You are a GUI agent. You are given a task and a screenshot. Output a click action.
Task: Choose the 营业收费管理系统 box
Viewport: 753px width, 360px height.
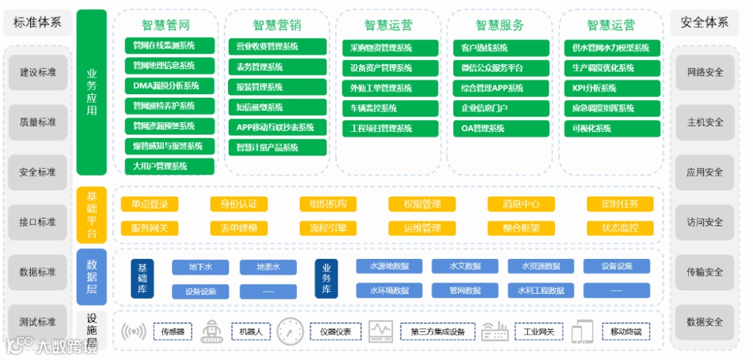point(277,47)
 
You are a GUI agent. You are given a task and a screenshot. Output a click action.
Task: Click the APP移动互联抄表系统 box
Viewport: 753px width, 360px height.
point(277,128)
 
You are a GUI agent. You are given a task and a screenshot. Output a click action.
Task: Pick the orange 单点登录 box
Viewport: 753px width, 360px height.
point(149,204)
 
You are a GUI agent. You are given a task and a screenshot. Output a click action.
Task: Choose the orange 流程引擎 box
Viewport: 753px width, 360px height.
point(328,228)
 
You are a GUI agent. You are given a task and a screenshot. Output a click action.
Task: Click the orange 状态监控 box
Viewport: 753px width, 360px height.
point(619,228)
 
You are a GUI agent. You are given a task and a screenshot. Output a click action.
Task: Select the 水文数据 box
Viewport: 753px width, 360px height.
point(465,267)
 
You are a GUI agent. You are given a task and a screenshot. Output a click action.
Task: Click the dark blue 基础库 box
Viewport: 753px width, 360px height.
point(142,279)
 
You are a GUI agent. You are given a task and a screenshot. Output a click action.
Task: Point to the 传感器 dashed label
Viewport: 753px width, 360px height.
point(172,332)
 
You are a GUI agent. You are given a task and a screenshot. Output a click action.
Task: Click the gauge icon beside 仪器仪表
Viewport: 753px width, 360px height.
point(290,331)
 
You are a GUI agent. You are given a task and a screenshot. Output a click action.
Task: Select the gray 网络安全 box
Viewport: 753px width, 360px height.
point(705,73)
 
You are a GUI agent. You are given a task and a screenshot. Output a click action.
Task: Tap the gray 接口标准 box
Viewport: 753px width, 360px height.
point(38,223)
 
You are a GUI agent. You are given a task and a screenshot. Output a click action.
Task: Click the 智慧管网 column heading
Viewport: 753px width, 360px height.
point(166,26)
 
